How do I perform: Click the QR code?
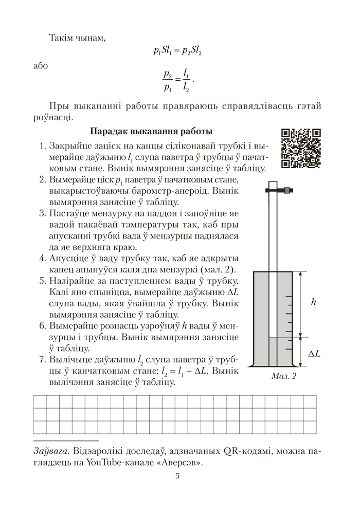[x=301, y=149]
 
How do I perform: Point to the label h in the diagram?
[x=313, y=302]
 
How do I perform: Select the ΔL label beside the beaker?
[x=314, y=354]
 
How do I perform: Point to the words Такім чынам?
[x=77, y=38]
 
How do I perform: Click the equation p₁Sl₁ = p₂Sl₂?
[x=176, y=50]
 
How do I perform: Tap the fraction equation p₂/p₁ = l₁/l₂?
[x=176, y=81]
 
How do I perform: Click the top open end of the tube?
[x=273, y=183]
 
